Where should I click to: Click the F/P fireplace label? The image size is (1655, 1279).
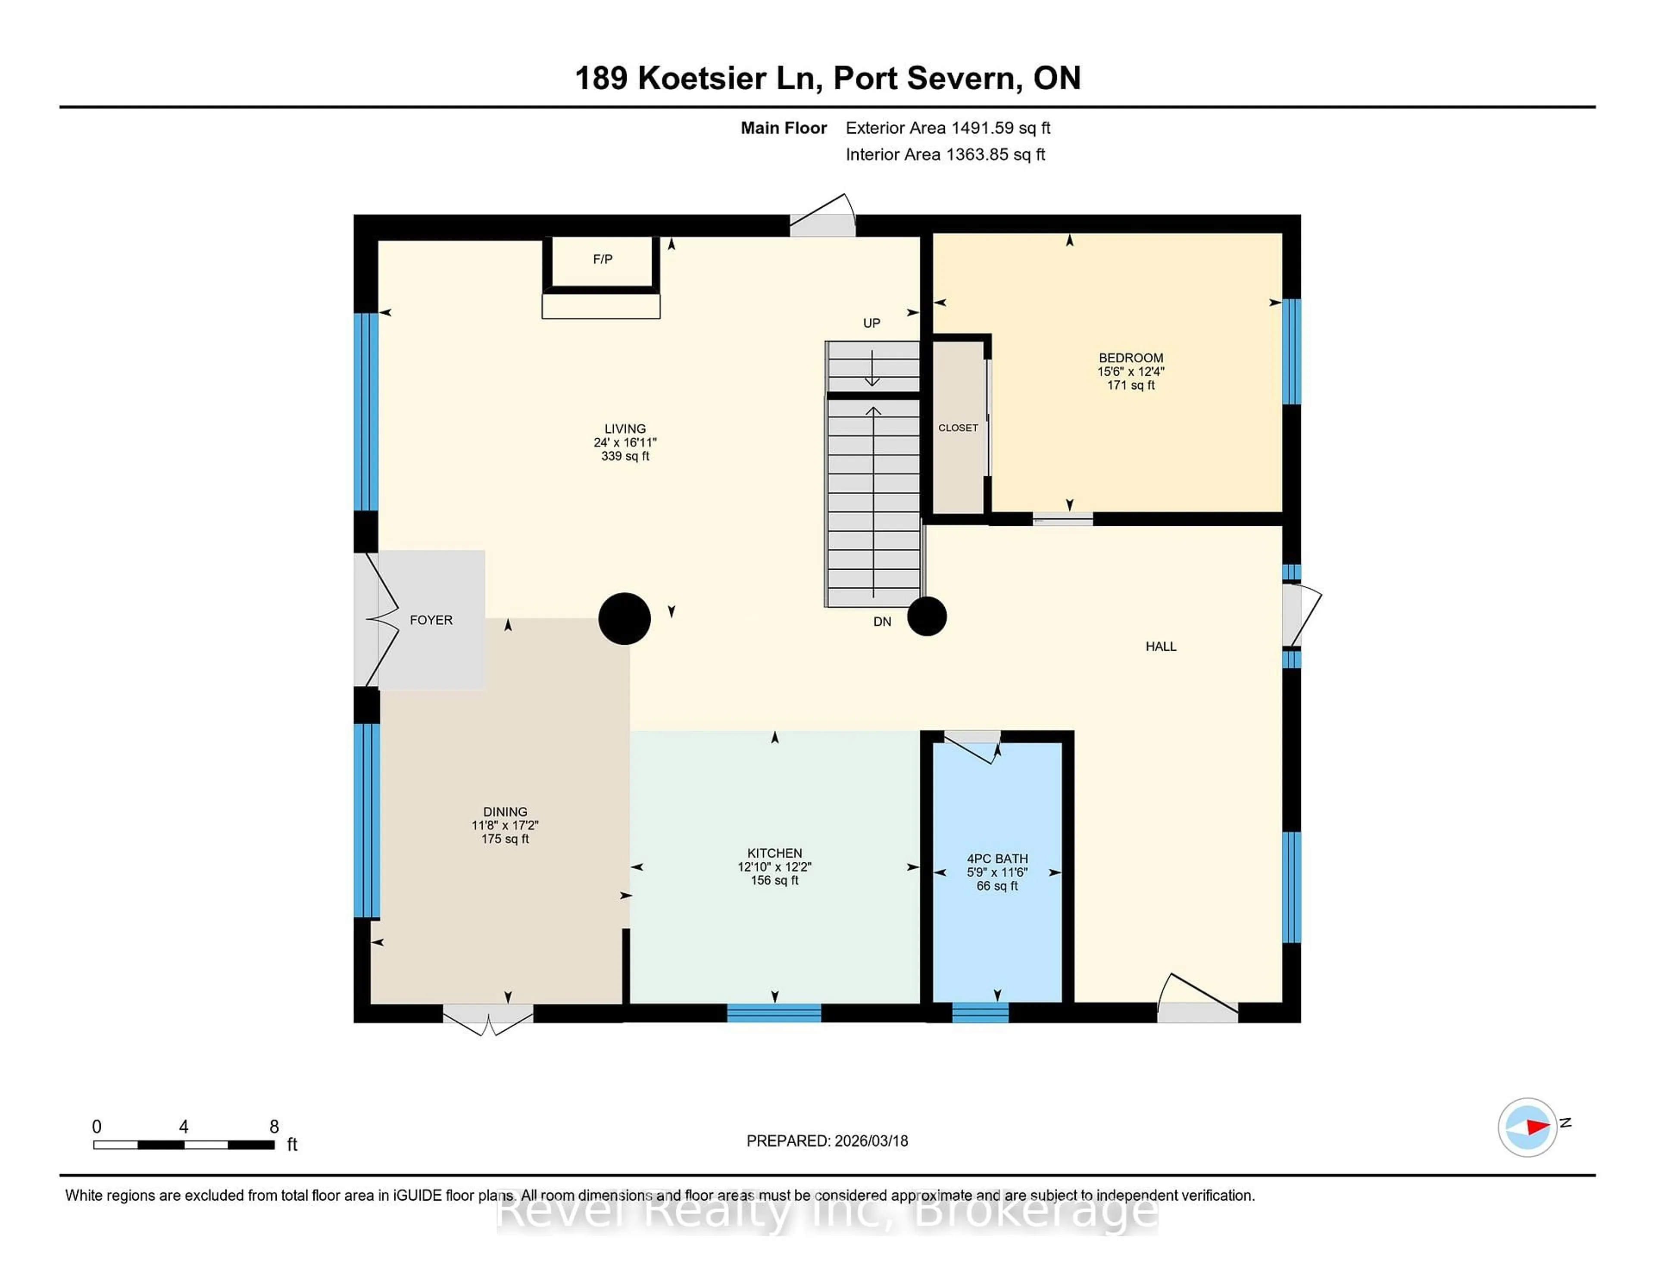(603, 259)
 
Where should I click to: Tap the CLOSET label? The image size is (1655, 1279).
(958, 428)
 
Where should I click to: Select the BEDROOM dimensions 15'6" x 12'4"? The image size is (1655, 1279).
(1130, 371)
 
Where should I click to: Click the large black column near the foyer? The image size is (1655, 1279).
(625, 618)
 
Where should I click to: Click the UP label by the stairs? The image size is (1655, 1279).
(871, 323)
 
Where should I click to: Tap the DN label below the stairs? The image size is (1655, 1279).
(882, 621)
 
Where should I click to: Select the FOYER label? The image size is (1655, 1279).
(431, 620)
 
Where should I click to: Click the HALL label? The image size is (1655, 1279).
(1160, 646)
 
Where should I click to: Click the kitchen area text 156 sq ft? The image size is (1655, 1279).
(774, 880)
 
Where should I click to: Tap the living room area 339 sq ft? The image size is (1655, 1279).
(625, 456)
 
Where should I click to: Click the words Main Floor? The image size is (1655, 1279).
(784, 128)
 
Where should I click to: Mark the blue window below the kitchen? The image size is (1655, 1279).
(774, 1013)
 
